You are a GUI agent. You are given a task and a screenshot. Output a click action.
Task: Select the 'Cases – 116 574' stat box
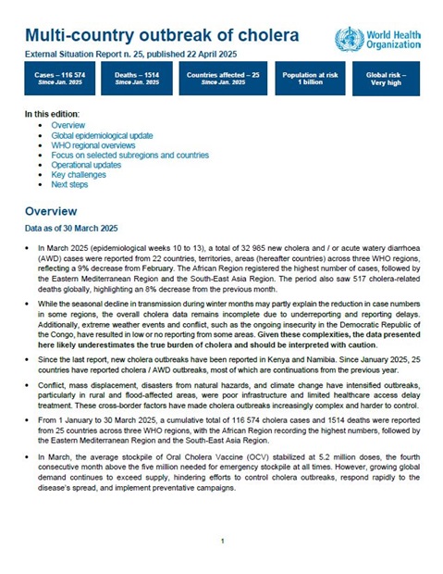(58, 76)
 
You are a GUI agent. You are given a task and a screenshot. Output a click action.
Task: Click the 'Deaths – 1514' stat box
(139, 76)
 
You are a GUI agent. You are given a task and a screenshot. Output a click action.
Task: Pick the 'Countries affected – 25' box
(221, 76)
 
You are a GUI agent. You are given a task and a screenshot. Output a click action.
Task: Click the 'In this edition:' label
(55, 112)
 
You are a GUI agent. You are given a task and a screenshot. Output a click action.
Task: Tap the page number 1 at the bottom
(222, 540)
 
